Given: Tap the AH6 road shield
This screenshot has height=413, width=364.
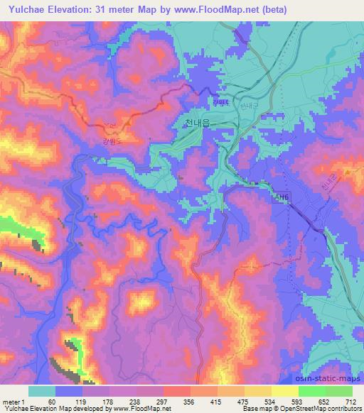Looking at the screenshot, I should [282, 200].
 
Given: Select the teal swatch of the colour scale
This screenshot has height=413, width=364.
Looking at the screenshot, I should [42, 391].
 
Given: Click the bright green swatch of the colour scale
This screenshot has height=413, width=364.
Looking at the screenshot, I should [311, 391].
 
